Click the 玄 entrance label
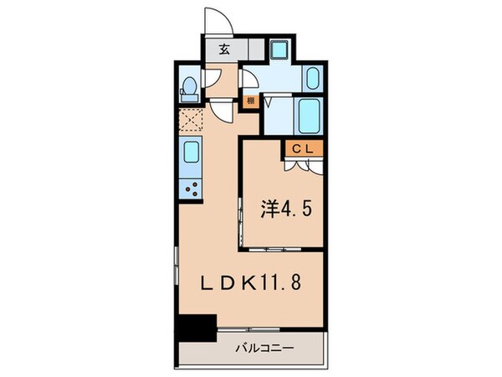click(225, 49)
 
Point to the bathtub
click(310, 114)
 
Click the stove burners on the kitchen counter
click(192, 189)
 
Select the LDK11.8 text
click(248, 281)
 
